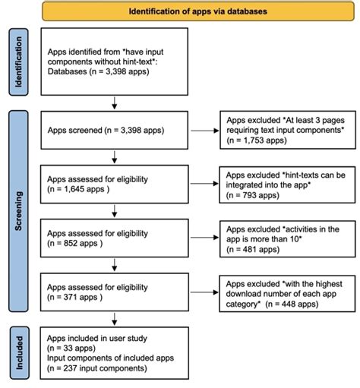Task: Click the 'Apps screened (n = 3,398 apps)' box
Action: (x=114, y=131)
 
